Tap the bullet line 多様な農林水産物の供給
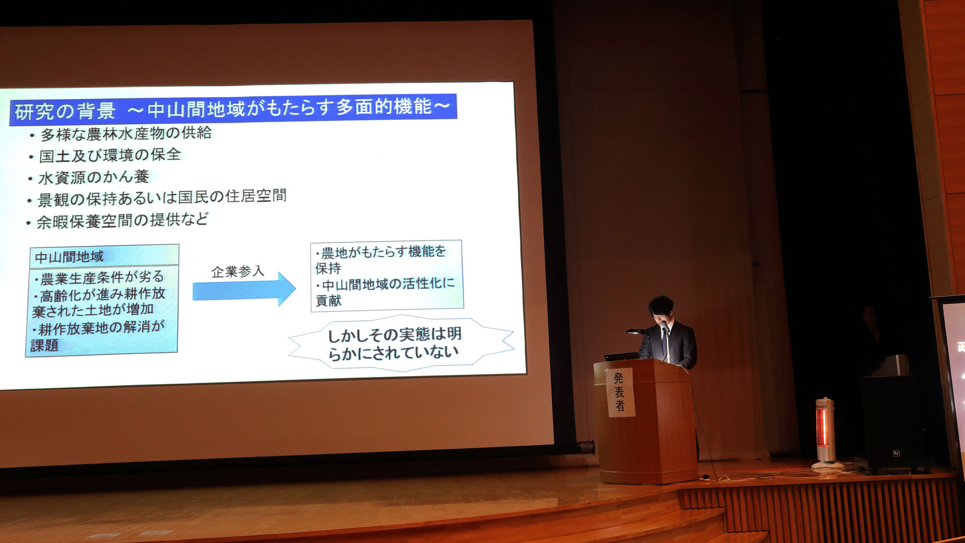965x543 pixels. [x=126, y=134]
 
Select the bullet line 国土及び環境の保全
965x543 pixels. [x=110, y=155]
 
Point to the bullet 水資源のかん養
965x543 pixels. [x=93, y=177]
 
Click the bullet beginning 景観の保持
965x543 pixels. [x=162, y=198]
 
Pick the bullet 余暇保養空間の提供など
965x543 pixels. [x=122, y=221]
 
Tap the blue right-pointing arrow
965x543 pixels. [x=244, y=290]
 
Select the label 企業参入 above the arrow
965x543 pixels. [x=238, y=271]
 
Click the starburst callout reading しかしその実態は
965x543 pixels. [x=397, y=343]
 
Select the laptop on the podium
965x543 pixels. [x=622, y=356]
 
